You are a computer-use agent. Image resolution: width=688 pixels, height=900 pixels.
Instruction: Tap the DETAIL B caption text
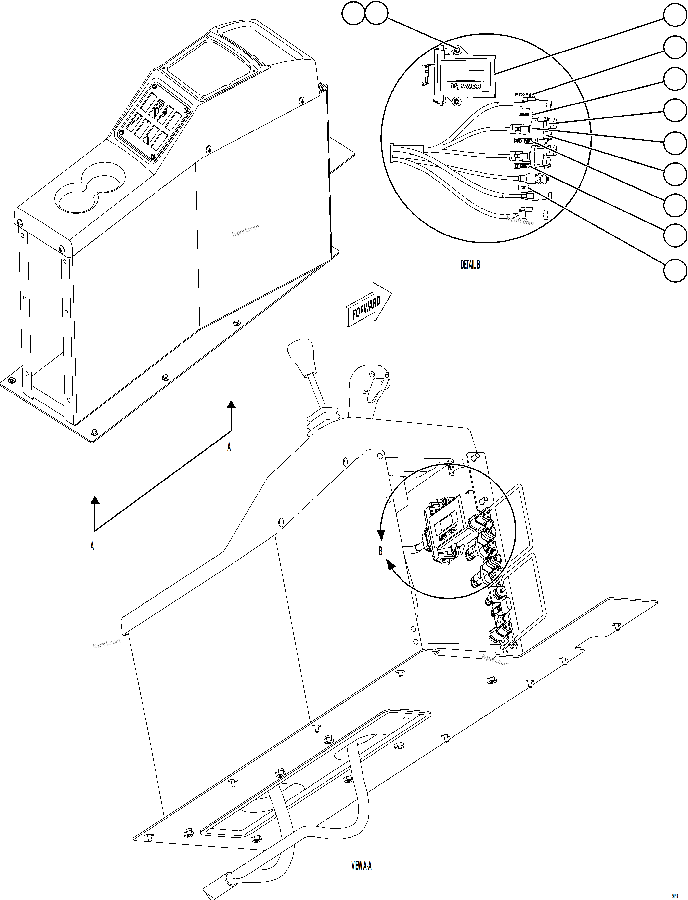click(x=470, y=265)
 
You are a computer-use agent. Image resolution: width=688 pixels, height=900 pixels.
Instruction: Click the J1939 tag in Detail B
click(x=524, y=115)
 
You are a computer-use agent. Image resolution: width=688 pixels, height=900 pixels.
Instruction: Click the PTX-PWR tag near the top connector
click(x=525, y=95)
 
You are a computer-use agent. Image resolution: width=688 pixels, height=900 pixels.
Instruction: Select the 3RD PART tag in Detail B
click(x=522, y=141)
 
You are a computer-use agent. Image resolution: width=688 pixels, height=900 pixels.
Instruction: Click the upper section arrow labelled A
click(x=231, y=418)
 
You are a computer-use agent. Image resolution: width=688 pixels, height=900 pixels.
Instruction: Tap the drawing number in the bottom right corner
click(x=680, y=894)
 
